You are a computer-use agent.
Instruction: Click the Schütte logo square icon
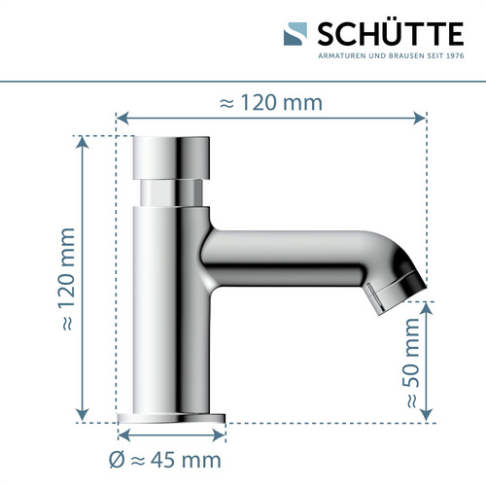297,36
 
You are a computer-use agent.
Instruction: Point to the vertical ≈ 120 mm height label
66,279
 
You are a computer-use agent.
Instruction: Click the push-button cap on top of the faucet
171,156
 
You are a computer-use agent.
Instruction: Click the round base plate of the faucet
171,418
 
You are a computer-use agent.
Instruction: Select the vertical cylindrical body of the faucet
171,311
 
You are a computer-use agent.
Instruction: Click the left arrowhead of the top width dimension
121,118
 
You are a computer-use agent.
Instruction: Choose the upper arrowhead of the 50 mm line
429,305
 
